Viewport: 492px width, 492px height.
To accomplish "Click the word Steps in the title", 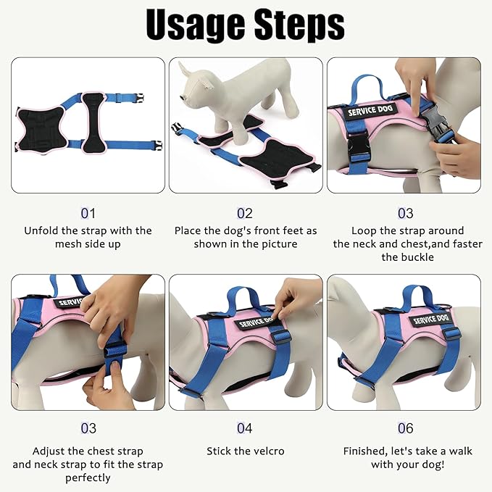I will [x=297, y=27].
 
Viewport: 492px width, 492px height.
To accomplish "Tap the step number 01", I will [x=88, y=213].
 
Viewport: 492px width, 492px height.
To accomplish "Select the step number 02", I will [x=245, y=213].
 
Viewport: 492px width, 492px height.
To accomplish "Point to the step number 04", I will [x=245, y=429].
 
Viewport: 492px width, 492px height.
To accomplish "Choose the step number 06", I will [x=405, y=429].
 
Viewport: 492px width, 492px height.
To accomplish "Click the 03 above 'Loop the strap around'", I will [x=405, y=213].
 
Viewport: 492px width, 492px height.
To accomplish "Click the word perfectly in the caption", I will [x=88, y=478].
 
